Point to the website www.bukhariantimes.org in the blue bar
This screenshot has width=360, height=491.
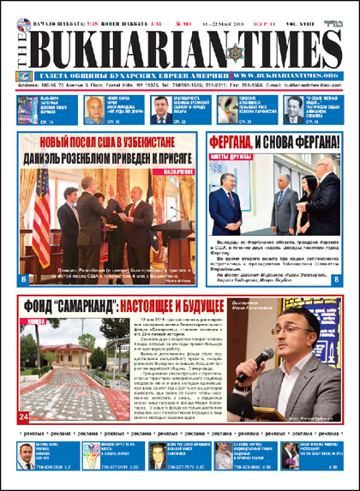click(x=279, y=75)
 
